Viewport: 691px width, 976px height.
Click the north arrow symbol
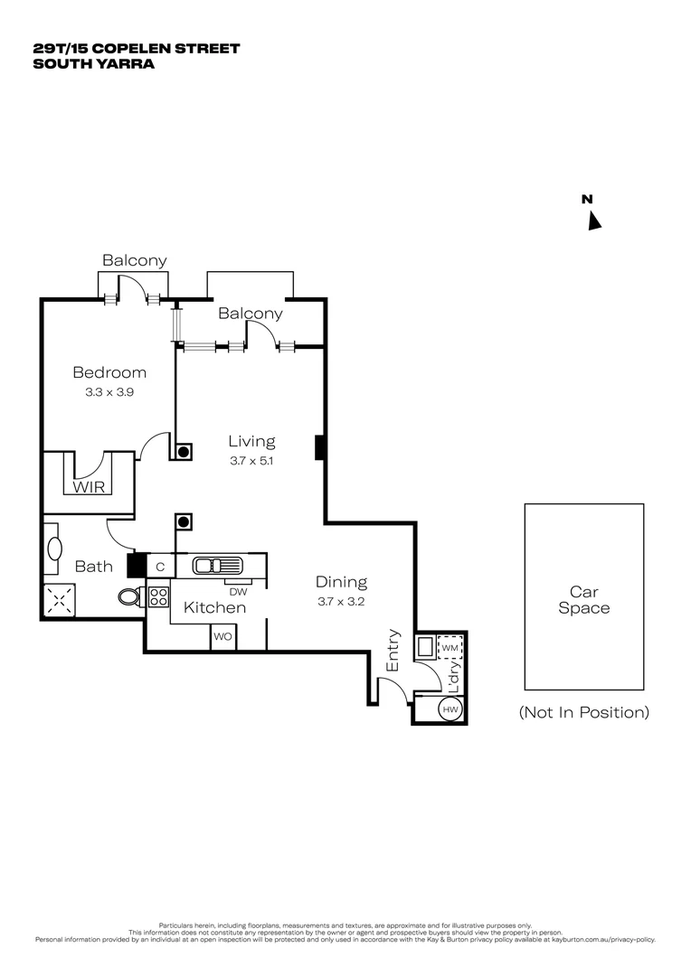[594, 221]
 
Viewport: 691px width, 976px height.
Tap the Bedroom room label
[109, 372]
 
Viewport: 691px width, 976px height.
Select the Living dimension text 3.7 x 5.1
[251, 460]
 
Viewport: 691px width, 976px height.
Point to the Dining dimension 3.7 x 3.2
[341, 601]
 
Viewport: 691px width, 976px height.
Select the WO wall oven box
[222, 637]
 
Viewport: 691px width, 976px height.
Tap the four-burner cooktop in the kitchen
[158, 596]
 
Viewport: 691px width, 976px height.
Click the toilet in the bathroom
[130, 596]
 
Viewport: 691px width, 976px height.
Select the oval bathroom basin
[53, 549]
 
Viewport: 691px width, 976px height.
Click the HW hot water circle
[450, 710]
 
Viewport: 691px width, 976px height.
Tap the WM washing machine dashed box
[450, 648]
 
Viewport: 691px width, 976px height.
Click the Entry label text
[393, 650]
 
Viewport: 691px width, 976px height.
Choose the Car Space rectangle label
[583, 600]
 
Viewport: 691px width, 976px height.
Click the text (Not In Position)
[583, 712]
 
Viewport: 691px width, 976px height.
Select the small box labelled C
[160, 567]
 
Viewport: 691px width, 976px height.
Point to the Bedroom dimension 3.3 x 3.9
[109, 392]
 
